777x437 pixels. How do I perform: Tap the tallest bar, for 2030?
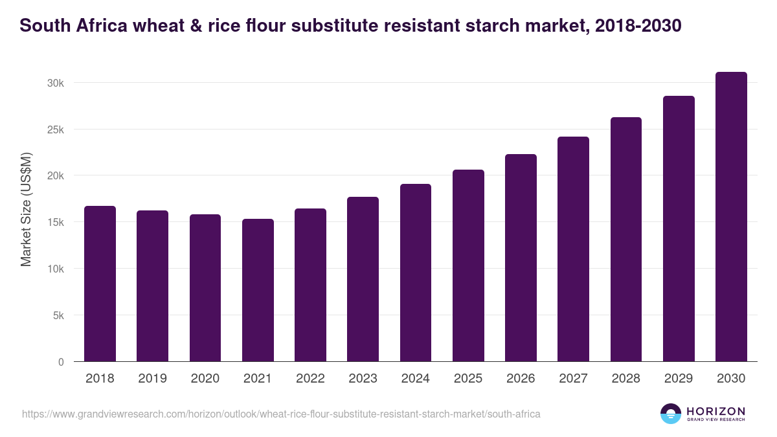click(x=731, y=217)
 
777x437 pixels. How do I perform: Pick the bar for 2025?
click(x=468, y=265)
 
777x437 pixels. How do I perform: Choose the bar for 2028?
click(x=626, y=240)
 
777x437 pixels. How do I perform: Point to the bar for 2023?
click(x=363, y=279)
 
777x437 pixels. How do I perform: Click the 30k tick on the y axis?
click(x=56, y=83)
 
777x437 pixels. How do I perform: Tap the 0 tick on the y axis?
click(x=62, y=362)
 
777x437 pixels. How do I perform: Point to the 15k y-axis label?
click(x=56, y=222)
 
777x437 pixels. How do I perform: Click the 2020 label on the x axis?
click(x=205, y=379)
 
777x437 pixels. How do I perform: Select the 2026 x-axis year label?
click(x=521, y=379)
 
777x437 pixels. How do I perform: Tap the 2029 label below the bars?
click(x=679, y=379)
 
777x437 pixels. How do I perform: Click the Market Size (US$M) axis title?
click(x=26, y=208)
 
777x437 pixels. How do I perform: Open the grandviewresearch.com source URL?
click(x=281, y=414)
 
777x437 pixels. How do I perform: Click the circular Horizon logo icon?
click(x=671, y=414)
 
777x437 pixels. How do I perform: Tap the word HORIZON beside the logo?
click(x=715, y=410)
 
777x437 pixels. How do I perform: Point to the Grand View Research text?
click(x=715, y=420)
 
